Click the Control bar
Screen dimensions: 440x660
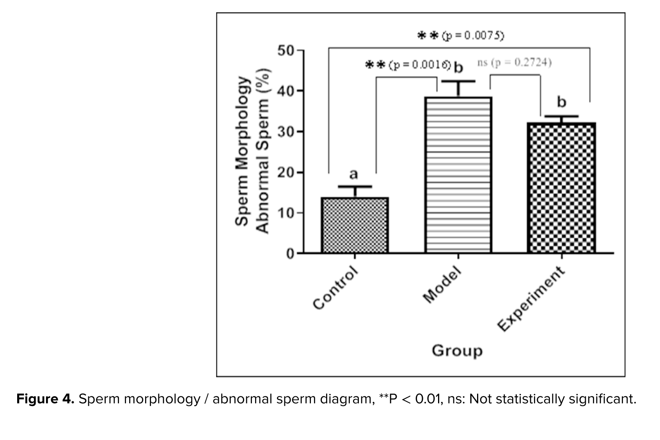click(355, 225)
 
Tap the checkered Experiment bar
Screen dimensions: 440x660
click(561, 188)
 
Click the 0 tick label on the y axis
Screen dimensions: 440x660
click(290, 254)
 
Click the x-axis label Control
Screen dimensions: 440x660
click(335, 287)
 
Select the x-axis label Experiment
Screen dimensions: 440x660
click(532, 298)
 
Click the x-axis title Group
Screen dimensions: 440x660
click(457, 351)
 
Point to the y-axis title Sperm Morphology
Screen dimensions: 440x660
click(242, 151)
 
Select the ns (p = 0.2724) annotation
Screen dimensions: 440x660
click(514, 63)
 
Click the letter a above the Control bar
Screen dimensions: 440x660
click(353, 174)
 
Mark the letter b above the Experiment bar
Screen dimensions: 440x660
click(561, 102)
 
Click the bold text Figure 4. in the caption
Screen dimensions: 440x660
click(45, 399)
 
